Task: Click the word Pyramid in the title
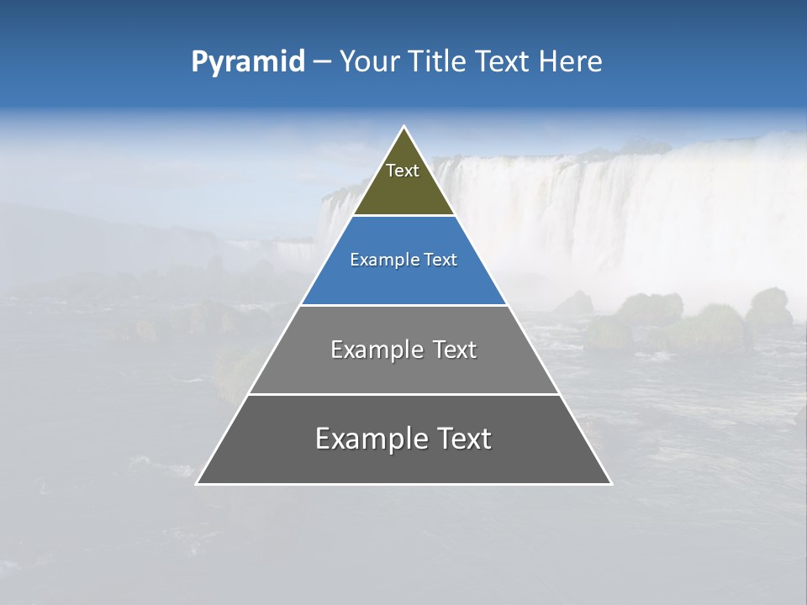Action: click(x=247, y=62)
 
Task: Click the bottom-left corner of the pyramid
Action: click(x=198, y=483)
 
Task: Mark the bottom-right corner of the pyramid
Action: click(x=610, y=483)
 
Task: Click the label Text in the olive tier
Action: click(x=403, y=171)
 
